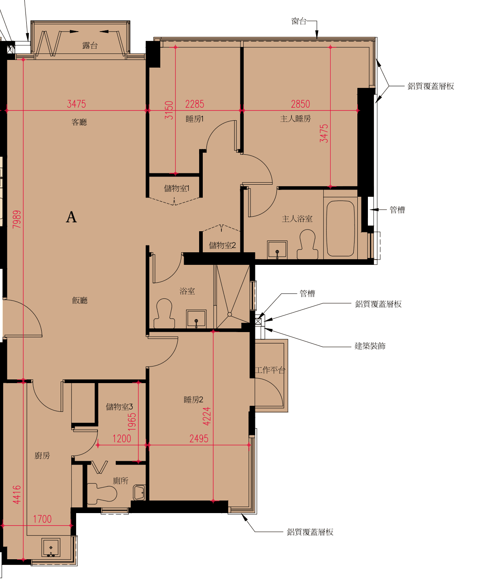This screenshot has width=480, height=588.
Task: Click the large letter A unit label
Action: [71, 217]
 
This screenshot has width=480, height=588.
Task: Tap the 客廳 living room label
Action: [79, 122]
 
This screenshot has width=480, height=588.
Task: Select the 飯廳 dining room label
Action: [80, 300]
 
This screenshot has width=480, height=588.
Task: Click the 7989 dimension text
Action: [17, 219]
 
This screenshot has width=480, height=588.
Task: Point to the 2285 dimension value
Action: [195, 104]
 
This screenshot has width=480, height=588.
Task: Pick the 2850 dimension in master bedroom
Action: [300, 104]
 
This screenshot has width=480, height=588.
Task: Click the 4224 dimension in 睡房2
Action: [207, 416]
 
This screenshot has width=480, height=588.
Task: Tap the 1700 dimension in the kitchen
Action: [42, 519]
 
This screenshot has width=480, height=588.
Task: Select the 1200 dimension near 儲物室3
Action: [122, 439]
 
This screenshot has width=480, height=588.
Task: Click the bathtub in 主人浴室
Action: [340, 228]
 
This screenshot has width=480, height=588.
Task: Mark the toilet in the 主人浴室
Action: [307, 244]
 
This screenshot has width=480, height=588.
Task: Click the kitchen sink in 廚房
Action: [51, 547]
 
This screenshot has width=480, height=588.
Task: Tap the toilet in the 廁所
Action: [102, 494]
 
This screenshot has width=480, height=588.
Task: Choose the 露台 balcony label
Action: [90, 45]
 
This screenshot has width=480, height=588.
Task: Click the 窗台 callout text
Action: [299, 21]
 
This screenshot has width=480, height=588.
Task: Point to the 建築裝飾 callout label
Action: [370, 346]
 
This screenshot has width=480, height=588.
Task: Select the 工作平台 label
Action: [270, 370]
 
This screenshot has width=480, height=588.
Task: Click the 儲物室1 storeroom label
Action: [176, 188]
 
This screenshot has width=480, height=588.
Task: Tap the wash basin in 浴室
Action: [196, 318]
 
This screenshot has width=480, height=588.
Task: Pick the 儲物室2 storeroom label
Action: [222, 245]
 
